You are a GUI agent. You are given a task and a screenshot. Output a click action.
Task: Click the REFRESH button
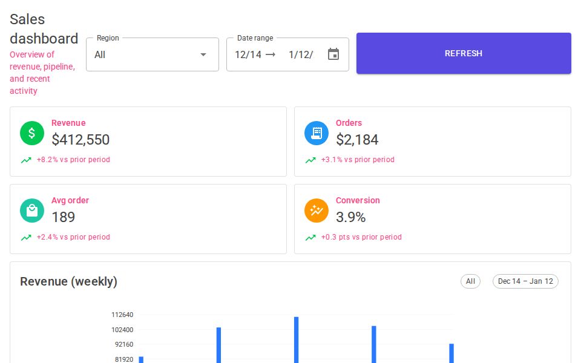(464, 53)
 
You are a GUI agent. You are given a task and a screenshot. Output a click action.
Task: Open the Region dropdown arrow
(203, 54)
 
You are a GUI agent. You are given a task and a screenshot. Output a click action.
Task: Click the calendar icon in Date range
(333, 54)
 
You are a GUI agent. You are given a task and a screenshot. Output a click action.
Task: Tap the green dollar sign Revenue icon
(32, 133)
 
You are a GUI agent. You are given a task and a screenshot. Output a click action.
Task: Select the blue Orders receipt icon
(317, 133)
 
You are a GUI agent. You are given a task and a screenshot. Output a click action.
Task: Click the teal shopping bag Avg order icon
(32, 211)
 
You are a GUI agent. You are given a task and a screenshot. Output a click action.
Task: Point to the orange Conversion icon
(317, 211)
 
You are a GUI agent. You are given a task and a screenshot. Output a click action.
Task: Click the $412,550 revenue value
(80, 140)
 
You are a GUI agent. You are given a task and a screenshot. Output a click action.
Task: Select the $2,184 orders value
(357, 140)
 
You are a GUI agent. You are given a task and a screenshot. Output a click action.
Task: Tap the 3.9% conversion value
(351, 217)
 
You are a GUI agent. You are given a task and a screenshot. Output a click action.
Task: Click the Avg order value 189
(64, 217)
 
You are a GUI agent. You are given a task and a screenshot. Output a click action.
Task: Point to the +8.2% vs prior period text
(73, 160)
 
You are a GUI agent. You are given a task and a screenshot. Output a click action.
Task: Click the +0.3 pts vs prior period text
(361, 237)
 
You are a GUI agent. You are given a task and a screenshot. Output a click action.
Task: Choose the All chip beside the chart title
(470, 281)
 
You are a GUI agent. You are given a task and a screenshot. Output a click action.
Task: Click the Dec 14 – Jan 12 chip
(525, 281)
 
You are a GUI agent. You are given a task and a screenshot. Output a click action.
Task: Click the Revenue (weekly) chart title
(68, 281)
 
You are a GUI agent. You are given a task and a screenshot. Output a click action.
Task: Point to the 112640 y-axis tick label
(122, 315)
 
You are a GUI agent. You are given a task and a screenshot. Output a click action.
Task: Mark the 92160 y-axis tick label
(124, 344)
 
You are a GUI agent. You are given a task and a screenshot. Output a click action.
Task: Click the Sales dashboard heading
(44, 29)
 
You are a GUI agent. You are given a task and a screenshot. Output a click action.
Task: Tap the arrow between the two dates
(271, 54)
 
